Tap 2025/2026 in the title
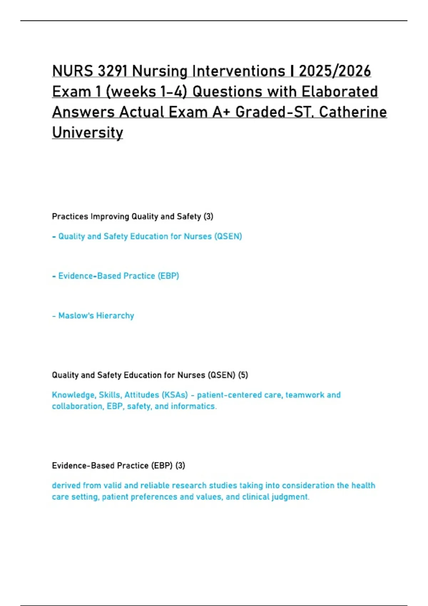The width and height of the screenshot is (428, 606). [335, 71]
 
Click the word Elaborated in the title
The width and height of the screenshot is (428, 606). [340, 92]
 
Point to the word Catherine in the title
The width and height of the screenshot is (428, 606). [353, 112]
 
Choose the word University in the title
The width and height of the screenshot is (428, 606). [87, 133]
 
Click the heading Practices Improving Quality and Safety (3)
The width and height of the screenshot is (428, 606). [132, 216]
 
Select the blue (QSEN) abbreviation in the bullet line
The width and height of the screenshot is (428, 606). [228, 236]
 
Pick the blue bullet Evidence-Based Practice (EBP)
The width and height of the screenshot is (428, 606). [118, 276]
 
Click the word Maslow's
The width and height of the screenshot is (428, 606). [76, 315]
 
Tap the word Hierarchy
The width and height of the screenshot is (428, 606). [115, 315]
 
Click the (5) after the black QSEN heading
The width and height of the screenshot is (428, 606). [243, 375]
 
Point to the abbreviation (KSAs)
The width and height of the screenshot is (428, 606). [174, 395]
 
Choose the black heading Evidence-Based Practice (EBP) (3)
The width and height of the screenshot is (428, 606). [118, 466]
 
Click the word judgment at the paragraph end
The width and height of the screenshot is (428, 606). [290, 497]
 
